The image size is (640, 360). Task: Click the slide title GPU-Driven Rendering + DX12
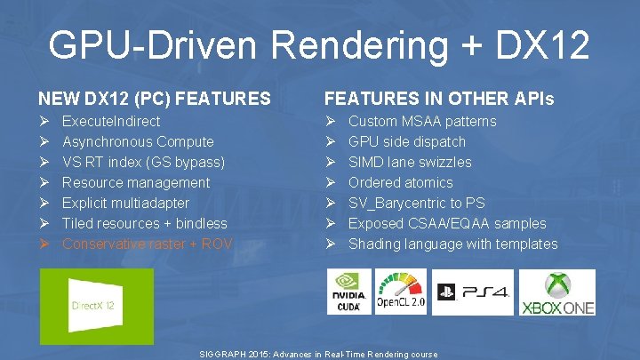[319, 44]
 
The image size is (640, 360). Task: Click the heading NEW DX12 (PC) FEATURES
[154, 98]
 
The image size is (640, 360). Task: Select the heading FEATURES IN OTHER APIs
[439, 98]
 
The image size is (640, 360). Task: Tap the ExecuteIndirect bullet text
[111, 121]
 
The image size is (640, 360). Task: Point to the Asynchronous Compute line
[138, 141]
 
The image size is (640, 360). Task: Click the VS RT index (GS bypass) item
[143, 162]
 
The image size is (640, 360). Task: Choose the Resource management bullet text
[136, 182]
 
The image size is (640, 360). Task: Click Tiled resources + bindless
[144, 223]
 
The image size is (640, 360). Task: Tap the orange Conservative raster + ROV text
[147, 244]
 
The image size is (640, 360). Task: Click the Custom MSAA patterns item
[422, 121]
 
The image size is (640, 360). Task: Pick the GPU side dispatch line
[407, 141]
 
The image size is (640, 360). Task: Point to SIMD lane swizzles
[410, 162]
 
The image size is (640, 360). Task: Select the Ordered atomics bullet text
[401, 182]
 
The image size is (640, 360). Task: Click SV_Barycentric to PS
[416, 203]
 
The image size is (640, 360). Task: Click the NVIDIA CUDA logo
[349, 292]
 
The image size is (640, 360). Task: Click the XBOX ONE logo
[557, 292]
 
